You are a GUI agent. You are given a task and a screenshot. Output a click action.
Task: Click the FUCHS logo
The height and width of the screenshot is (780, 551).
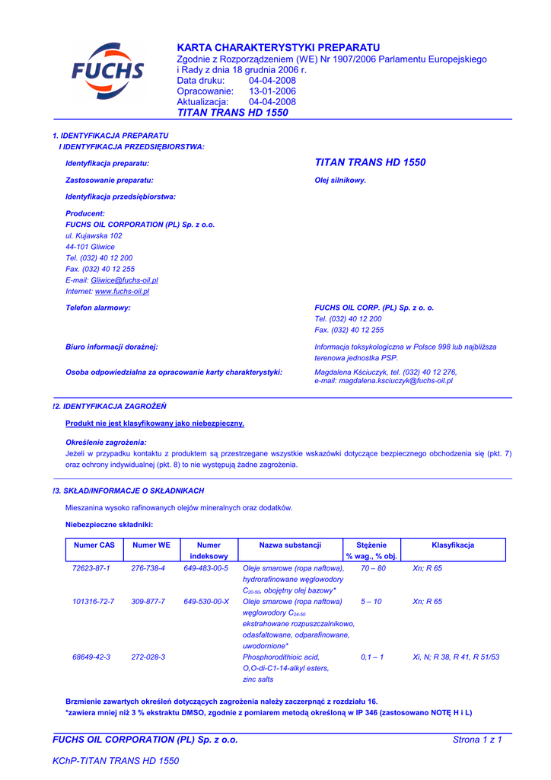(x=107, y=72)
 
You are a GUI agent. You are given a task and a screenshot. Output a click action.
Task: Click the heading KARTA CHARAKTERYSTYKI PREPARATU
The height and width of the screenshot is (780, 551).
(x=278, y=48)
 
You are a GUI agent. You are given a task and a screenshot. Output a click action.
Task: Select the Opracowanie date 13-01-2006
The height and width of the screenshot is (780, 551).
(x=272, y=91)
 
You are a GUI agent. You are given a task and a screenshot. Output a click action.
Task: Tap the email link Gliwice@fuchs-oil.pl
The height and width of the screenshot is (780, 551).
(x=124, y=280)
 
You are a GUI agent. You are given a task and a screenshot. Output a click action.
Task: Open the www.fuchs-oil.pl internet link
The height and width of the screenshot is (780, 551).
(x=122, y=291)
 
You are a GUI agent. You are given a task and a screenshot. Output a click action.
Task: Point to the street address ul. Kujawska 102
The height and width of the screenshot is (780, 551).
(x=94, y=236)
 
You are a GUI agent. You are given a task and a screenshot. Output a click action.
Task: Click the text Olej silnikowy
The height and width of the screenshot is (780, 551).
(x=340, y=181)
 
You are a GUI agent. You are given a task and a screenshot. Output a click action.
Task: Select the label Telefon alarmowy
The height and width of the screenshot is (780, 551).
(x=98, y=308)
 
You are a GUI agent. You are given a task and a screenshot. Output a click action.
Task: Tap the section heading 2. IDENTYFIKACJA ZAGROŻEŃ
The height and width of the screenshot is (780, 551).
(x=111, y=407)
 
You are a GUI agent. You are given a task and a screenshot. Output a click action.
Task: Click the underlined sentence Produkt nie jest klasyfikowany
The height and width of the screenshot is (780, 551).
(x=155, y=423)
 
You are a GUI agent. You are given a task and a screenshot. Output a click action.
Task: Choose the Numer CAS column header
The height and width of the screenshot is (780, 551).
(x=94, y=545)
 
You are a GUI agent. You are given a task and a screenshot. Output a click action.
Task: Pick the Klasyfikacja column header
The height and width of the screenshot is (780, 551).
(x=453, y=545)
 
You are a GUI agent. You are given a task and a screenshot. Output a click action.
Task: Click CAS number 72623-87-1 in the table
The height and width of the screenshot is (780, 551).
(x=91, y=568)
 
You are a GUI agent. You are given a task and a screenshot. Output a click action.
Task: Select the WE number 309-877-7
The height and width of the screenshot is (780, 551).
(x=148, y=602)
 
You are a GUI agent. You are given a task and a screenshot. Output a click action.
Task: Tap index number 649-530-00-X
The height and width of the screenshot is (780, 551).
(x=206, y=602)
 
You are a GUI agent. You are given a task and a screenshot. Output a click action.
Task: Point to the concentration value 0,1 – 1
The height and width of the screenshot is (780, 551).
(x=372, y=657)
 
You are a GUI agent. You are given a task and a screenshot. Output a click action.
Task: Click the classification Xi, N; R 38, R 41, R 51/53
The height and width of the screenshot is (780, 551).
(x=456, y=657)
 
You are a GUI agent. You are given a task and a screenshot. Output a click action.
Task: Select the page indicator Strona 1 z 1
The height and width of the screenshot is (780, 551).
(x=477, y=740)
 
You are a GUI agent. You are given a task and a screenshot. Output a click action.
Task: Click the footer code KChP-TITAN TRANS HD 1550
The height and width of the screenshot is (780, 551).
(x=116, y=761)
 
